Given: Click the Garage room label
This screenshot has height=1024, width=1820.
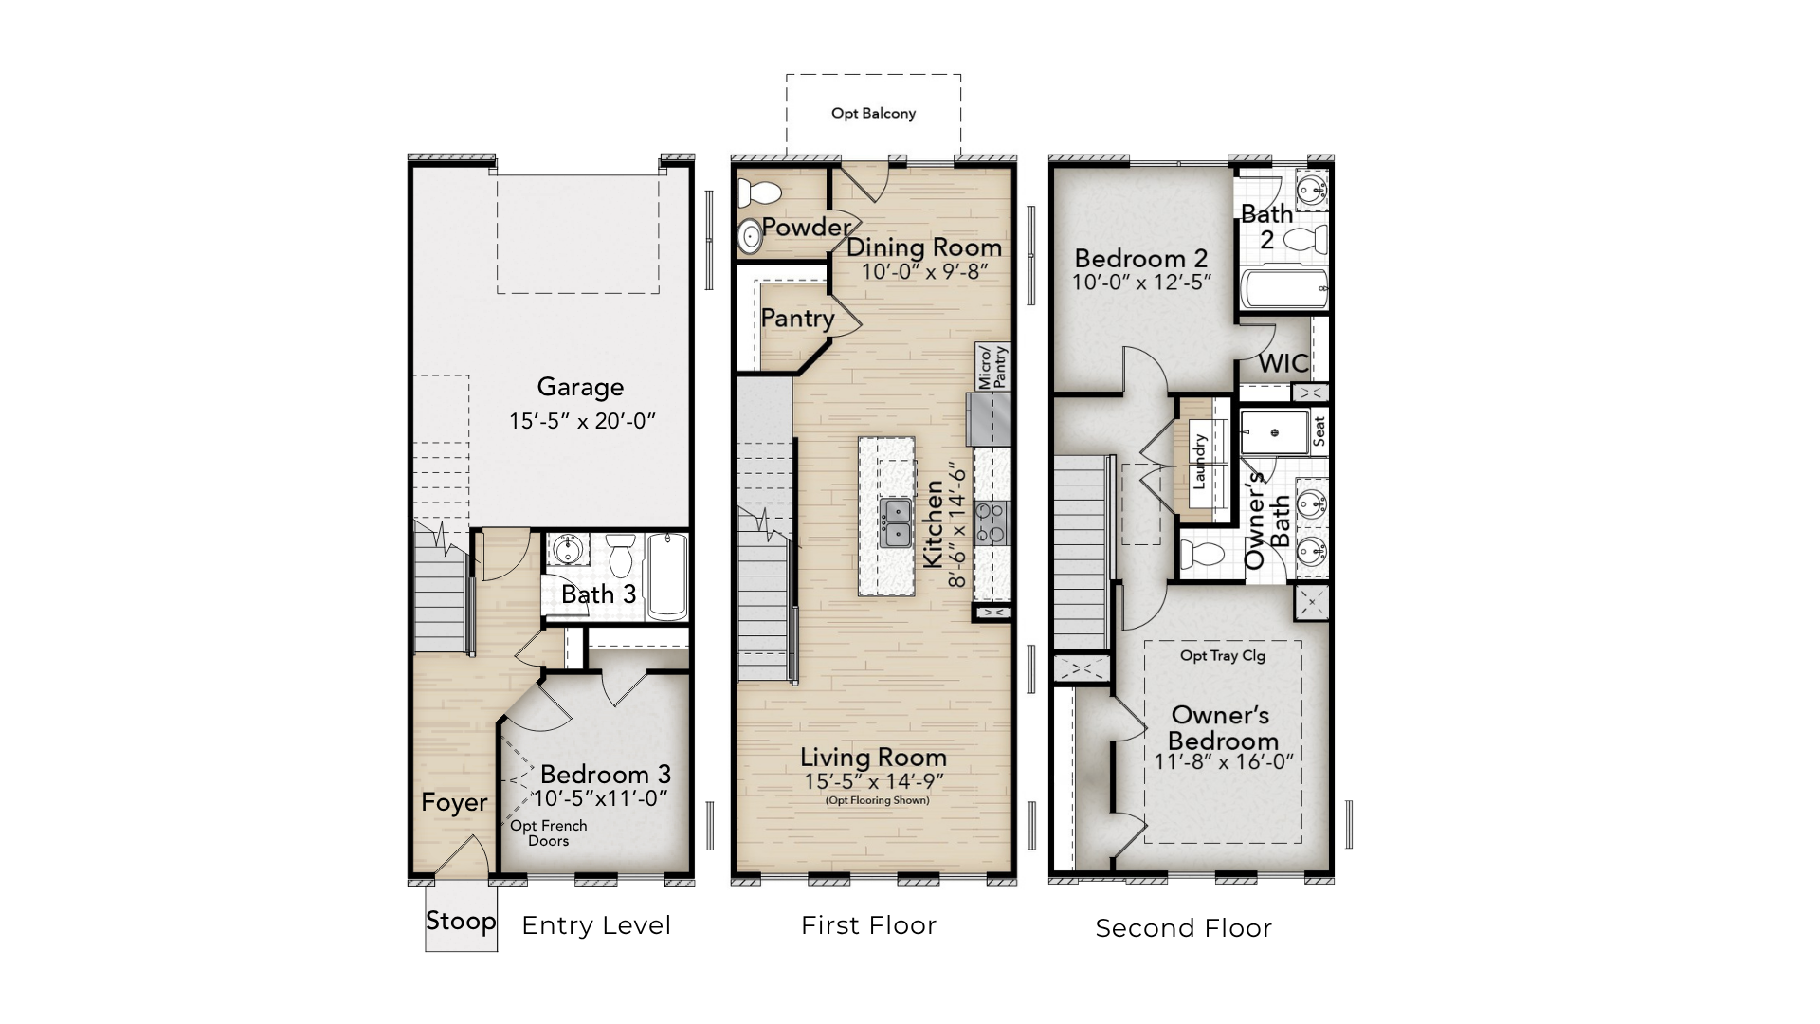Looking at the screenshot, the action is (580, 387).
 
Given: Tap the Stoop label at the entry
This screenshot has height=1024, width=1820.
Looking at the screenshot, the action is (461, 921).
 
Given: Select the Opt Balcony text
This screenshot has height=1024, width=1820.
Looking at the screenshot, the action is (873, 114).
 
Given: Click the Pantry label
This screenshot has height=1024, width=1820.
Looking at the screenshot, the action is (797, 319).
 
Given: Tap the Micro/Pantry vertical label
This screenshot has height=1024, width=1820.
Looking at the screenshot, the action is (992, 367).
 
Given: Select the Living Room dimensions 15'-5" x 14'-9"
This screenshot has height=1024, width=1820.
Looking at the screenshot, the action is (873, 781).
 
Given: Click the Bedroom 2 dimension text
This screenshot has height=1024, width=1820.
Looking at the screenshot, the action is (1141, 283).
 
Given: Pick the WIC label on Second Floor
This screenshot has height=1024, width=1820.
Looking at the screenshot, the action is (1283, 363).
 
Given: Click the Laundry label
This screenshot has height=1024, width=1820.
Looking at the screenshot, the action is (1199, 462).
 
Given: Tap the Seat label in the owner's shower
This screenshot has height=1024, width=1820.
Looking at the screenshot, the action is (1319, 431).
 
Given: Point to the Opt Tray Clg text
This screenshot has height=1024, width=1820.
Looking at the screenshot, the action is (1223, 655).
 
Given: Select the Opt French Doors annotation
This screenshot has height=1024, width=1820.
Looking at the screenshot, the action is (549, 833).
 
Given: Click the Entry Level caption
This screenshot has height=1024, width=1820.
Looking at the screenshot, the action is (596, 926).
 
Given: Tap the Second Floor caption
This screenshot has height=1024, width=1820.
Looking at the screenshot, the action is (1183, 928).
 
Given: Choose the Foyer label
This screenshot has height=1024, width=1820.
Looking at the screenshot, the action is (454, 803).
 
